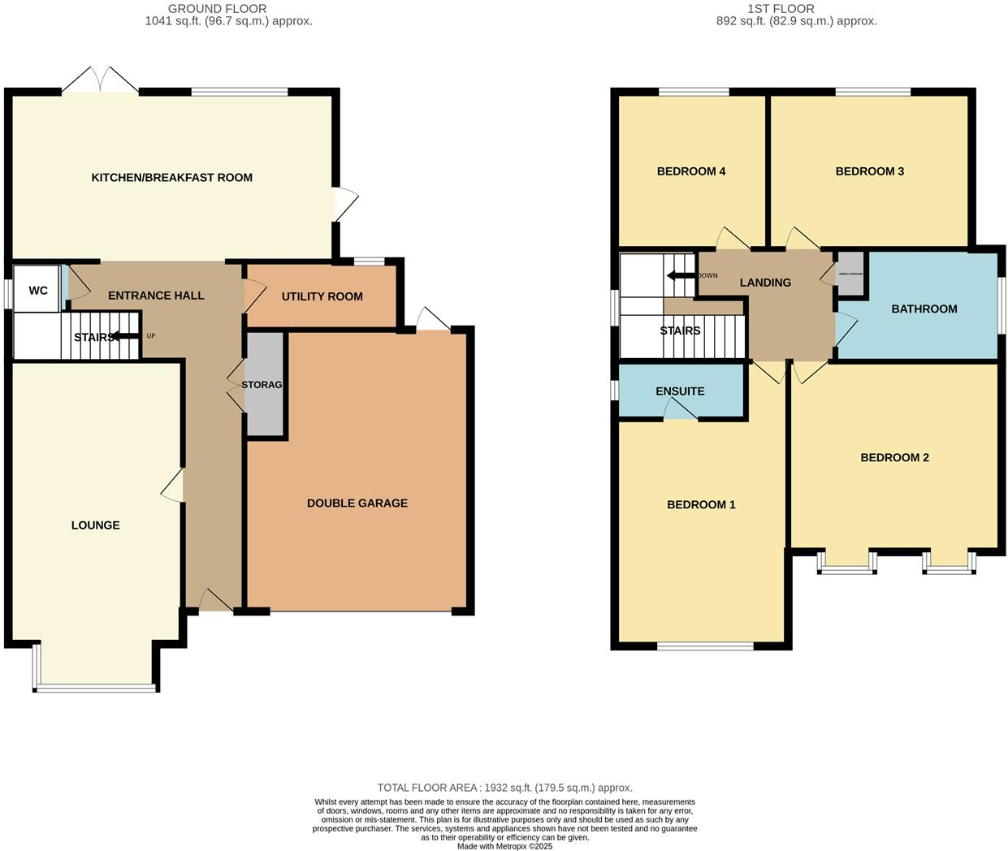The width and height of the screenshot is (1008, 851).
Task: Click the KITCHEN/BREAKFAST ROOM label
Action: (x=171, y=177)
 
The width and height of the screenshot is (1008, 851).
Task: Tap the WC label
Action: (x=38, y=291)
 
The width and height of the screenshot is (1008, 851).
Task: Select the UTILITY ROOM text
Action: (x=322, y=296)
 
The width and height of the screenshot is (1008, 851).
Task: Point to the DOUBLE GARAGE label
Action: (x=357, y=503)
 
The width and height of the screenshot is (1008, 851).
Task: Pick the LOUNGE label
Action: (x=95, y=525)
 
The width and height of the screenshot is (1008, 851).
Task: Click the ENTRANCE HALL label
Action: (x=156, y=296)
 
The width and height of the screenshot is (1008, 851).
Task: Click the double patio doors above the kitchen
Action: (x=101, y=80)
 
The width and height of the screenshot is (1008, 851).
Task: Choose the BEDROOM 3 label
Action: (x=869, y=171)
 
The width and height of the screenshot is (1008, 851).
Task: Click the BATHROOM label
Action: (x=924, y=309)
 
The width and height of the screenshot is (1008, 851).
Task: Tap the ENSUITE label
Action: (x=680, y=391)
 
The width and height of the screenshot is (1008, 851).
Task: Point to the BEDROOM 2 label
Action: (x=894, y=458)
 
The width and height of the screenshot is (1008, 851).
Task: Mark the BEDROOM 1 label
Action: (x=701, y=505)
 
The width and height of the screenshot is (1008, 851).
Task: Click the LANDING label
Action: (x=765, y=283)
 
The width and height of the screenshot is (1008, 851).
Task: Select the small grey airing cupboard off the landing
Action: (x=850, y=274)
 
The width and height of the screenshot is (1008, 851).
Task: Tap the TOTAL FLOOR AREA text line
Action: (x=504, y=788)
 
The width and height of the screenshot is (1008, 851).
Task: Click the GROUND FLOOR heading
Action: (x=217, y=9)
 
